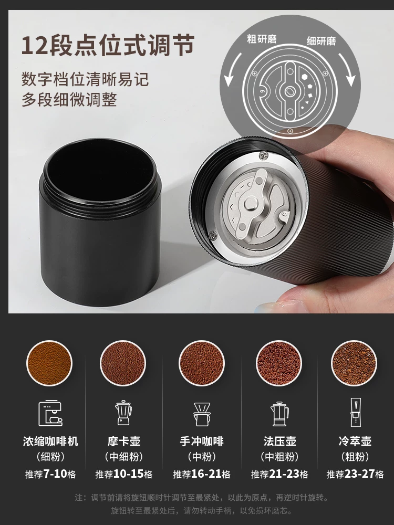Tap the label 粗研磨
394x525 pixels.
262,39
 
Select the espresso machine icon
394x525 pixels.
50,413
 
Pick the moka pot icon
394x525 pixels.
123,413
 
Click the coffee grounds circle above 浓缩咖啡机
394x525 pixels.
49,363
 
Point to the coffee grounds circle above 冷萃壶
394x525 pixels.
354,363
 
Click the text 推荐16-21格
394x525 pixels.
202,474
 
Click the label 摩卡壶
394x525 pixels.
123,441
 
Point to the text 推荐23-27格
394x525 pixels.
355,474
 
